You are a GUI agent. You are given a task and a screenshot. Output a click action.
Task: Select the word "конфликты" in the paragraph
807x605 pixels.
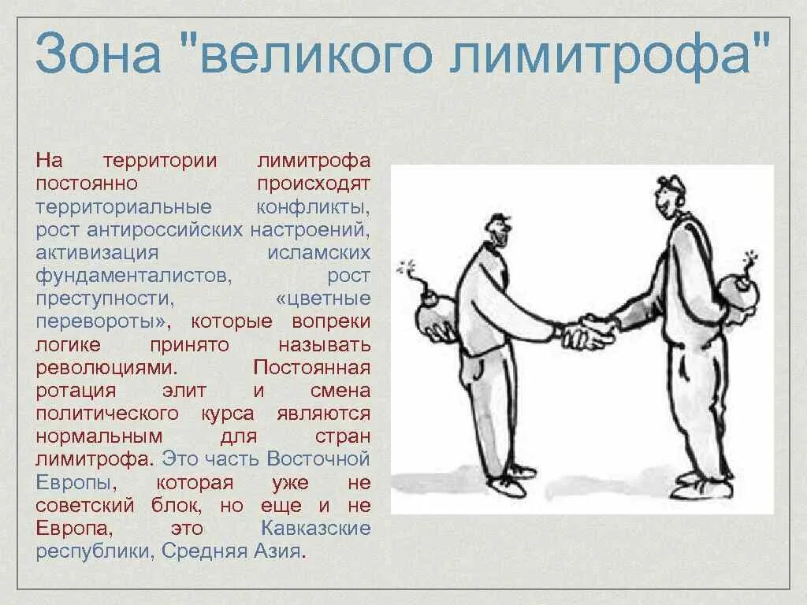click(x=313, y=207)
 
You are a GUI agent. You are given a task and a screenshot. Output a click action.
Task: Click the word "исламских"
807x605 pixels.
click(x=318, y=253)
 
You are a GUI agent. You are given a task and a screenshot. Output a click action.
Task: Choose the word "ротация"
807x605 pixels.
click(x=76, y=390)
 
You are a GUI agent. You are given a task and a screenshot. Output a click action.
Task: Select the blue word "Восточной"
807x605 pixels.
click(x=318, y=458)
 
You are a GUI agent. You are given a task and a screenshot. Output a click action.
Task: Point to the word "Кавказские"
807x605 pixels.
click(x=315, y=527)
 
